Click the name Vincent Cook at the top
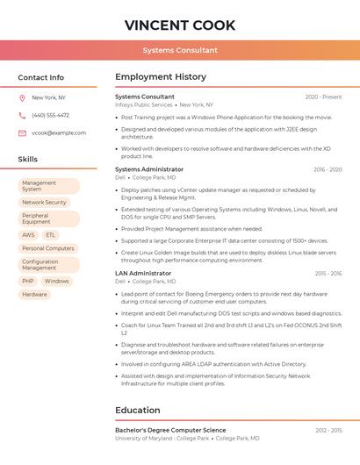pyautogui.click(x=180, y=24)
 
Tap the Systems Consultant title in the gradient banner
pyautogui.click(x=180, y=51)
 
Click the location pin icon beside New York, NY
pyautogui.click(x=22, y=97)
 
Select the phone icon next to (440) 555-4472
pyautogui.click(x=22, y=115)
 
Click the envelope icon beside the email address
pyautogui.click(x=22, y=132)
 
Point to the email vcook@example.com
pyautogui.click(x=59, y=132)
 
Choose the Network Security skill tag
pyautogui.click(x=44, y=202)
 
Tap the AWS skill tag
pyautogui.click(x=28, y=235)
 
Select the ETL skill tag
pyautogui.click(x=51, y=235)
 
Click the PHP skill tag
pyautogui.click(x=28, y=281)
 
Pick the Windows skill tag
pyautogui.click(x=57, y=281)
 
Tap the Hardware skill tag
pyautogui.click(x=34, y=294)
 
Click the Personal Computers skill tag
pyautogui.click(x=47, y=248)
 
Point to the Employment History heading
pyautogui.click(x=161, y=77)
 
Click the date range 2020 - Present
pyautogui.click(x=323, y=97)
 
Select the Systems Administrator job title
pyautogui.click(x=149, y=169)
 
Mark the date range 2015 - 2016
pyautogui.click(x=328, y=274)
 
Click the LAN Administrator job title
pyautogui.click(x=143, y=273)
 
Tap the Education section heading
pyautogui.click(x=138, y=410)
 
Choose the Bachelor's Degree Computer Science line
pyautogui.click(x=170, y=430)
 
